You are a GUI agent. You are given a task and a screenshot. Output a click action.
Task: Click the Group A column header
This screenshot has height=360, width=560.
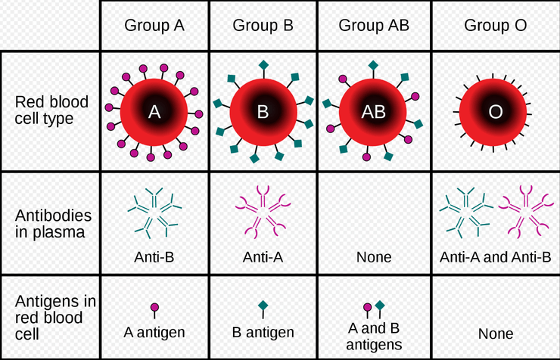point(154,25)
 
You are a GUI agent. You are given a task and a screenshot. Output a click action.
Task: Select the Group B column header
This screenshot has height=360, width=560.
point(263,25)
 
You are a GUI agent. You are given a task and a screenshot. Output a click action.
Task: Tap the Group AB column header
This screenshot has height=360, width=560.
point(374,25)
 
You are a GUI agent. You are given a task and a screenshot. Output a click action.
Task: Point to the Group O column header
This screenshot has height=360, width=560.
point(496,25)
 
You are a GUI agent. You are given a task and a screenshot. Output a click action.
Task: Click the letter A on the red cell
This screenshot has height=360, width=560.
point(154,112)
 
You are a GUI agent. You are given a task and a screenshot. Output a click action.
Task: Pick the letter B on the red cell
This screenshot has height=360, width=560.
point(263,112)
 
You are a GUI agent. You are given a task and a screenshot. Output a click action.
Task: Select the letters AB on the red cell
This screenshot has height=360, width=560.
point(374,112)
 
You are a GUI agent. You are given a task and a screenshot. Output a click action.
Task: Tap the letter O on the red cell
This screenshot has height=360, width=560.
point(496,112)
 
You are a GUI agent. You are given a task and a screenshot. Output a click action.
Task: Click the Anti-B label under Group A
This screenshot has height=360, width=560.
point(154,257)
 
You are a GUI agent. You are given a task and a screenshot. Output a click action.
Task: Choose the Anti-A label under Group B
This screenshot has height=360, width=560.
point(263,257)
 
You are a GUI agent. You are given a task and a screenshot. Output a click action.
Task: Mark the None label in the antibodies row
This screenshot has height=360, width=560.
point(374,257)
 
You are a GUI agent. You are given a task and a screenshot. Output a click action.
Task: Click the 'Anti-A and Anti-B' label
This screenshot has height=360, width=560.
point(496,257)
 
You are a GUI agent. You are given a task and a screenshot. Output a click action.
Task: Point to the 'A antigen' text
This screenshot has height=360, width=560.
point(154,331)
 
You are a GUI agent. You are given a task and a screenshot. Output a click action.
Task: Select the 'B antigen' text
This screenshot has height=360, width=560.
point(263,332)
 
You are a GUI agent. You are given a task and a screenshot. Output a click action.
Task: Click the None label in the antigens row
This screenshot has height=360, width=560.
point(496,334)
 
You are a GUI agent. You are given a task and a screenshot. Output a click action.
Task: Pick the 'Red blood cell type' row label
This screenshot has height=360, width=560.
point(52,111)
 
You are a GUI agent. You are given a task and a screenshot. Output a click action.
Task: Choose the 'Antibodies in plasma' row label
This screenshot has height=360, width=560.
point(52,223)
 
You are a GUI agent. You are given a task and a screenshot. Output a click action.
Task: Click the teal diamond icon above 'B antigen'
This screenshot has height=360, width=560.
point(263,306)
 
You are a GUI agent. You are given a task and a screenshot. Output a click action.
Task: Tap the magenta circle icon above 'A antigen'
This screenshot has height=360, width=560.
point(154,308)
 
